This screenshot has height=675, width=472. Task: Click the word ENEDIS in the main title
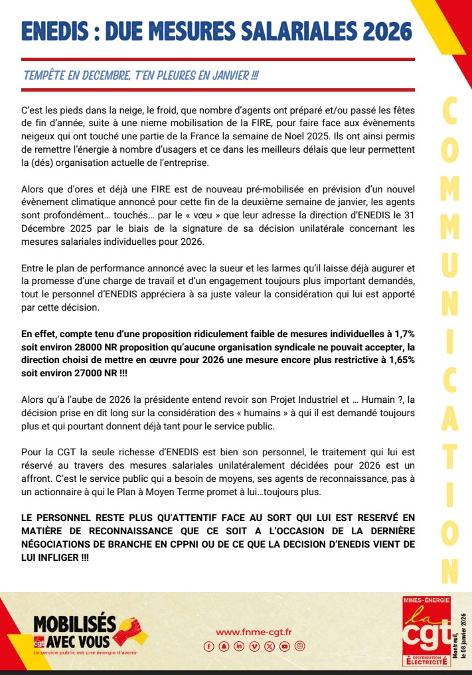[x=57, y=31]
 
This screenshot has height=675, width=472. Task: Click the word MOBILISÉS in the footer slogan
[x=74, y=624]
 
